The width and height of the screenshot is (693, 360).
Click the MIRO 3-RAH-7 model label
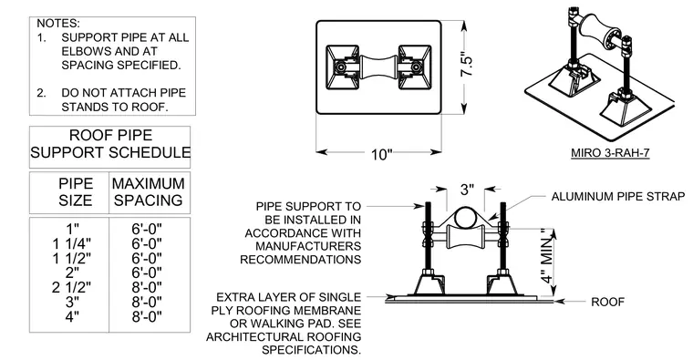point(610,153)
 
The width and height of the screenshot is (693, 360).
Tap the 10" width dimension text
point(381,155)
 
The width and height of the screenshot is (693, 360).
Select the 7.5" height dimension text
point(467,66)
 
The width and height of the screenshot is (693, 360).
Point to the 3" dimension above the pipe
point(467,190)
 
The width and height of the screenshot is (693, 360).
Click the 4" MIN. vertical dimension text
point(547,256)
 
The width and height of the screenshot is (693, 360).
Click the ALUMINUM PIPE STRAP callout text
point(618,196)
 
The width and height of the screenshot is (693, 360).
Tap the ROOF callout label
point(607,303)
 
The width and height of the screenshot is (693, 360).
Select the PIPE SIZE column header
point(76,191)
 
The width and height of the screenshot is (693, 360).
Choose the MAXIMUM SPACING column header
point(148,191)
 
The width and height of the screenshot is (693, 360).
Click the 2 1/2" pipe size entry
point(72,288)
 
